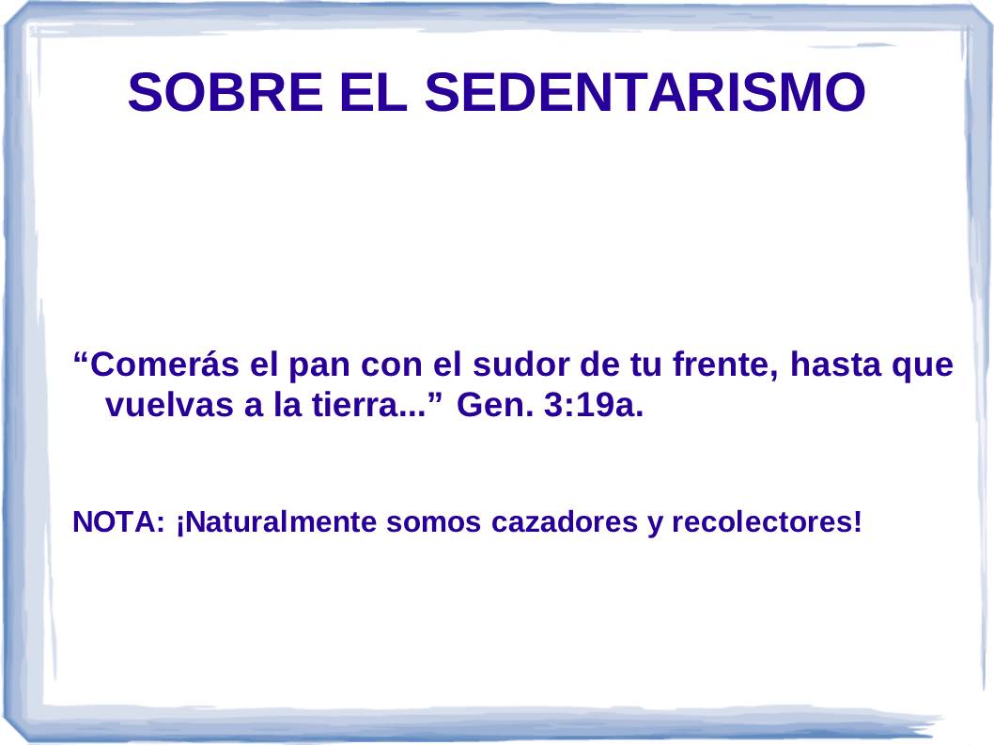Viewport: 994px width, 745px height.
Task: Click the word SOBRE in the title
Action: point(225,92)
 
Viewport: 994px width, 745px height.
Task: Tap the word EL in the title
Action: point(373,92)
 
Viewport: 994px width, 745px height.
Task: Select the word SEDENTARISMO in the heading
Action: point(645,92)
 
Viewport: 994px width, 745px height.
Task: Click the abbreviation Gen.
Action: point(495,405)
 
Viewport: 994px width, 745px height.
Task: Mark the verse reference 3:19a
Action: point(594,405)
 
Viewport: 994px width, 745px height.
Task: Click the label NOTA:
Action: point(118,521)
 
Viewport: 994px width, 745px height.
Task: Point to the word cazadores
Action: point(565,522)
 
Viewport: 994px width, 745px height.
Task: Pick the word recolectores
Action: point(763,522)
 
